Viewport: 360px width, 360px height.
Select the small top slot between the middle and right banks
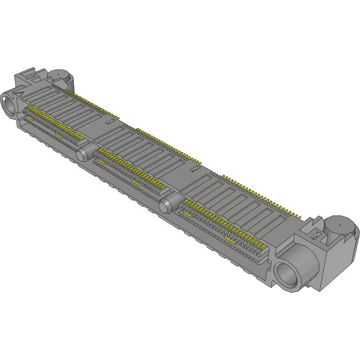point(193,170)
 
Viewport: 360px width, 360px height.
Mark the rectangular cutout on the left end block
point(32,77)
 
